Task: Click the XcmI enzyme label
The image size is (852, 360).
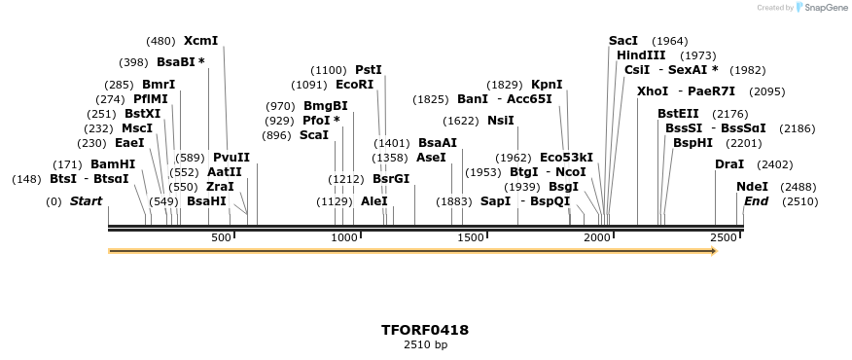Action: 200,41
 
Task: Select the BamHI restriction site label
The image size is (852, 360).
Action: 113,163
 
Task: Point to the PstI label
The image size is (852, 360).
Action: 368,70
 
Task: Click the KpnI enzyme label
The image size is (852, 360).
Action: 547,85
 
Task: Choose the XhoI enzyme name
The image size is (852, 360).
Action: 653,91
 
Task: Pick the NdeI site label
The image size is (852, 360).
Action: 752,186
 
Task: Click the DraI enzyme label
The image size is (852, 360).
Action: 729,164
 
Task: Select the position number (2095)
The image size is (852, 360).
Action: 768,91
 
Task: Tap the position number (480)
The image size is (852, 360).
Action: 160,41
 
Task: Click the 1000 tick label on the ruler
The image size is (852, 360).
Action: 345,238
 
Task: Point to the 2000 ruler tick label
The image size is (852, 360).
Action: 597,238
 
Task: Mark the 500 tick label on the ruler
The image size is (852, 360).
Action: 221,238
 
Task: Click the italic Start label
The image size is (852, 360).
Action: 86,201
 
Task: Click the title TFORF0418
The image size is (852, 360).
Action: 425,330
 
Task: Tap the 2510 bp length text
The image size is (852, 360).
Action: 425,344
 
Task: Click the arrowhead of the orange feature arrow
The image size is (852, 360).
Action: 714,251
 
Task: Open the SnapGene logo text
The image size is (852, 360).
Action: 826,8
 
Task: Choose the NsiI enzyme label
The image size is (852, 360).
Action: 500,121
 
